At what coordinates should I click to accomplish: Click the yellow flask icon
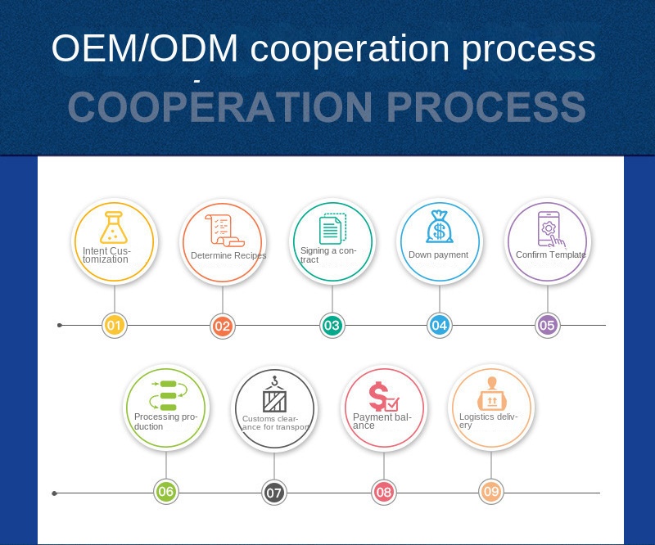point(114,227)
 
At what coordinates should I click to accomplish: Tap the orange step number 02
point(222,326)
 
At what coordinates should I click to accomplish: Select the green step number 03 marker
point(331,326)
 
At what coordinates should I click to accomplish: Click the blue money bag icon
point(439,227)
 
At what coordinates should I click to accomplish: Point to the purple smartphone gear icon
point(549,228)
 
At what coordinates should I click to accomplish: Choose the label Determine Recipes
point(228,256)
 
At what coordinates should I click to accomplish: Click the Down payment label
point(438,254)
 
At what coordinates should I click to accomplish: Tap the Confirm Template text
point(550,254)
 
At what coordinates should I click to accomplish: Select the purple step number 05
point(547,326)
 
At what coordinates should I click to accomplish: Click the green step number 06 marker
point(166,492)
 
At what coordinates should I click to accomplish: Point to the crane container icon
point(274,395)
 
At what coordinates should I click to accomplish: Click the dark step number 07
point(274,493)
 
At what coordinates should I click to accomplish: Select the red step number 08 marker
point(383,493)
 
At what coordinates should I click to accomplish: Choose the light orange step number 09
point(491,492)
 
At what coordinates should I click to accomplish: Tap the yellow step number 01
point(115,326)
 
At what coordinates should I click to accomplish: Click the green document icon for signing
point(332,227)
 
